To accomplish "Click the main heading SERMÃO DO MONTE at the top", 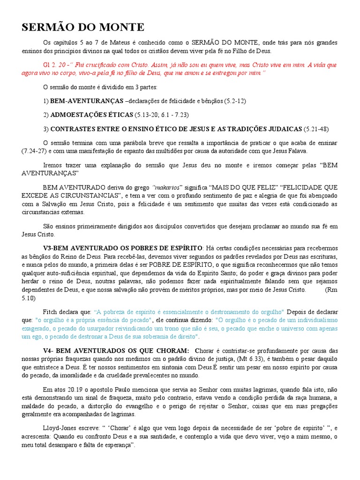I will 83,27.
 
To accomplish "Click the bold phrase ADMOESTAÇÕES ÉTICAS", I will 91,115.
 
